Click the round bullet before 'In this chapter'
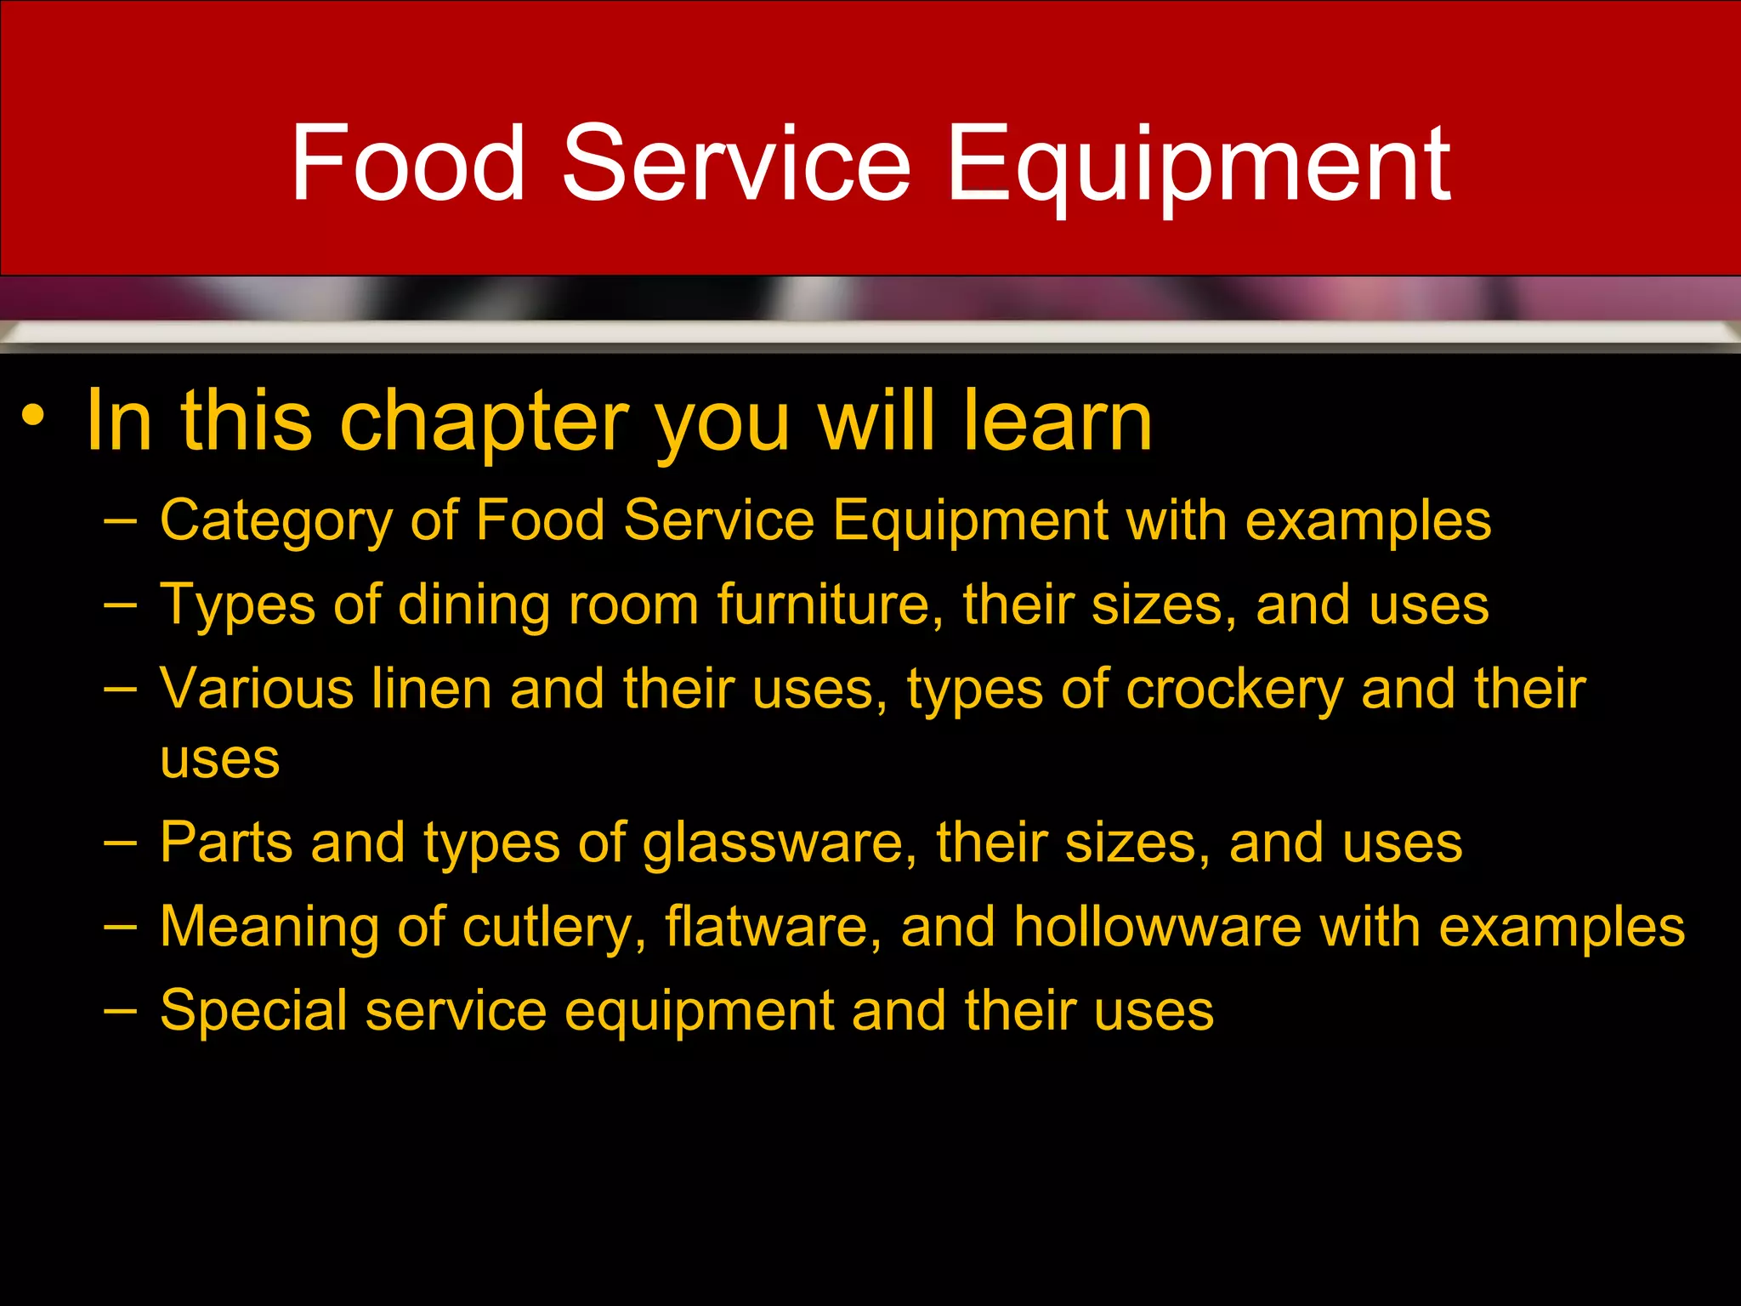32,416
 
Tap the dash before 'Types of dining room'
120,603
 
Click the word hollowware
1157,926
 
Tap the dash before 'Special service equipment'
120,1009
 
